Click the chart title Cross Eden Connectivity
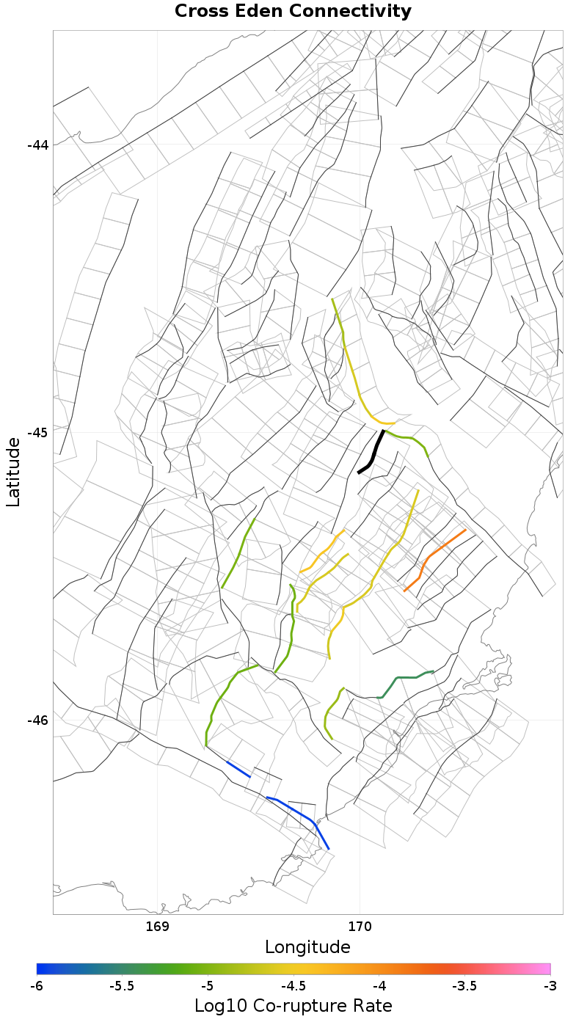click(293, 12)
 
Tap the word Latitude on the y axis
click(13, 471)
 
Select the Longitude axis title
click(307, 946)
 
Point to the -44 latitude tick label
click(37, 145)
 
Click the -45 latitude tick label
click(37, 432)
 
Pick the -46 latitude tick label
click(37, 720)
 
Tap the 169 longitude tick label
click(158, 927)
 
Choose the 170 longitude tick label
click(360, 927)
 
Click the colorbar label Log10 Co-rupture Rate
click(293, 1005)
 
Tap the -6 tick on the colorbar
click(37, 985)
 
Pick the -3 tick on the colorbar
click(550, 985)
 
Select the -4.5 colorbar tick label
click(293, 985)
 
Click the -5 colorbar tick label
click(208, 985)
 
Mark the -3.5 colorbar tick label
click(464, 985)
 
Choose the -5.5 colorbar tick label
click(122, 985)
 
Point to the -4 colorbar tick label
click(379, 985)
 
